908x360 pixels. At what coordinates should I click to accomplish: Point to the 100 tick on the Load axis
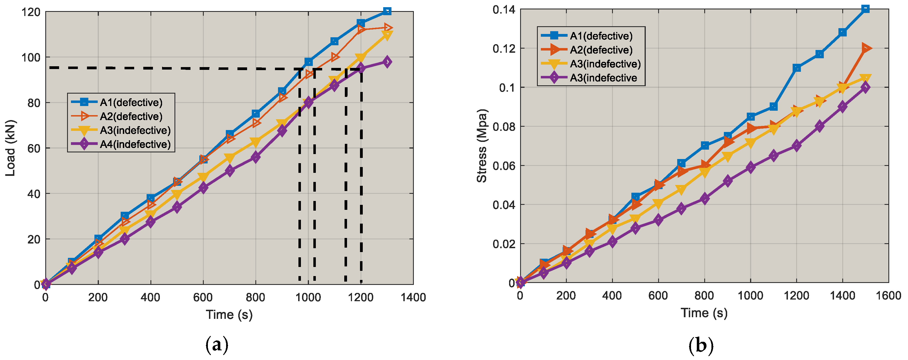click(x=31, y=57)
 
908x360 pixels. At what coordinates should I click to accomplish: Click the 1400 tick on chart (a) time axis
click(x=413, y=297)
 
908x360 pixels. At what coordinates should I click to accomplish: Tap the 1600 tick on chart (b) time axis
click(x=888, y=295)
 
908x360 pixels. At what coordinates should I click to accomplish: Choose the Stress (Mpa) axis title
click(x=481, y=145)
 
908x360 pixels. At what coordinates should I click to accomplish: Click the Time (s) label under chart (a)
click(x=229, y=314)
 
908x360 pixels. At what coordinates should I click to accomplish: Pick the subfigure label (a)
click(x=217, y=345)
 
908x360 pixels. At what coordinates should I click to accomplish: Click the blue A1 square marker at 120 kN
click(x=387, y=11)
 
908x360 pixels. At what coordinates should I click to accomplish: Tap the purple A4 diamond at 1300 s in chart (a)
click(x=387, y=62)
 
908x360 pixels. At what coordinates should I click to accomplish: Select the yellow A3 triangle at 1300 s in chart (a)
click(x=387, y=36)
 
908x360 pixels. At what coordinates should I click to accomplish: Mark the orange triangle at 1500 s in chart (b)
click(x=866, y=48)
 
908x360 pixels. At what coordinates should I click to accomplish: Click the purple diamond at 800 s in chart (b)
click(x=705, y=199)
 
